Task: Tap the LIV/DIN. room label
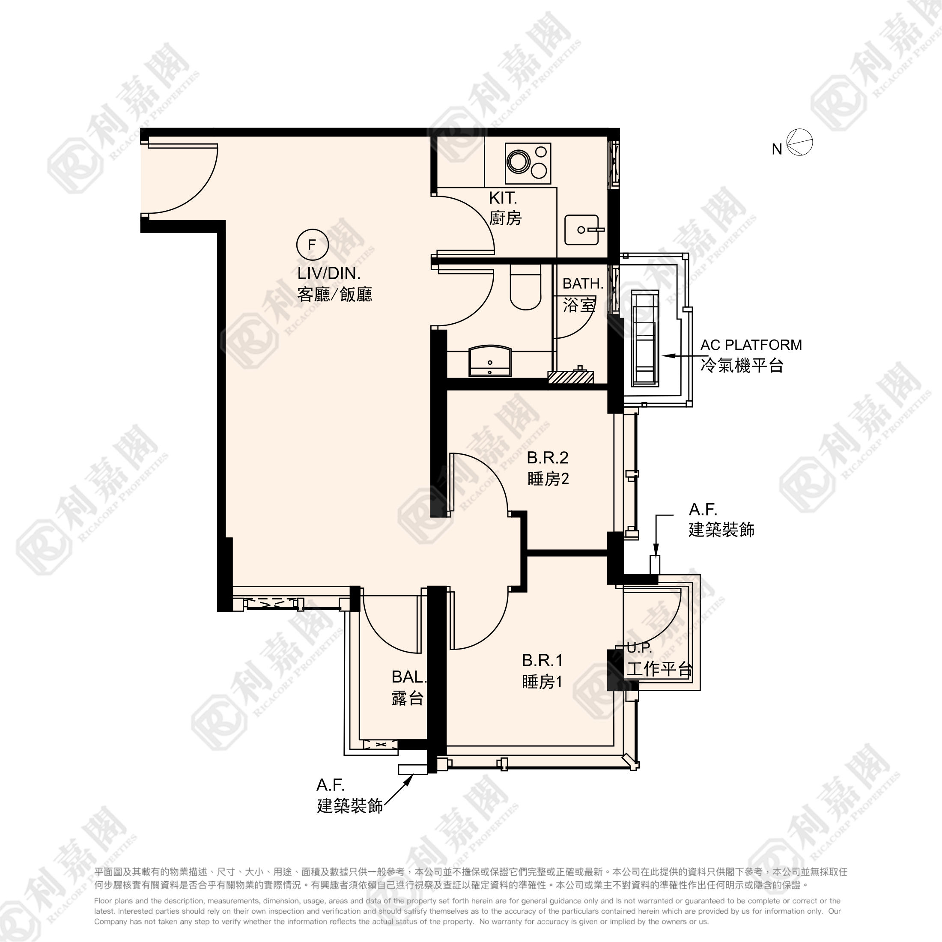(328, 273)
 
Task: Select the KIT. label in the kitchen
(503, 198)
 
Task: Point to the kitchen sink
(581, 230)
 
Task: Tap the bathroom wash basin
(490, 361)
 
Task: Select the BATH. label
(583, 283)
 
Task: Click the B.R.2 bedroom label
(548, 457)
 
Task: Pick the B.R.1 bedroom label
(542, 660)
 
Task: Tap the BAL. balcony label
(408, 677)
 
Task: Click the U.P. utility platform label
(639, 648)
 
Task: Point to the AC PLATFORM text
(751, 345)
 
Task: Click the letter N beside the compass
(777, 149)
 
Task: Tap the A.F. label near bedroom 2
(703, 510)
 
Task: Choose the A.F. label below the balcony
(330, 785)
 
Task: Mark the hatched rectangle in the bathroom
(570, 377)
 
